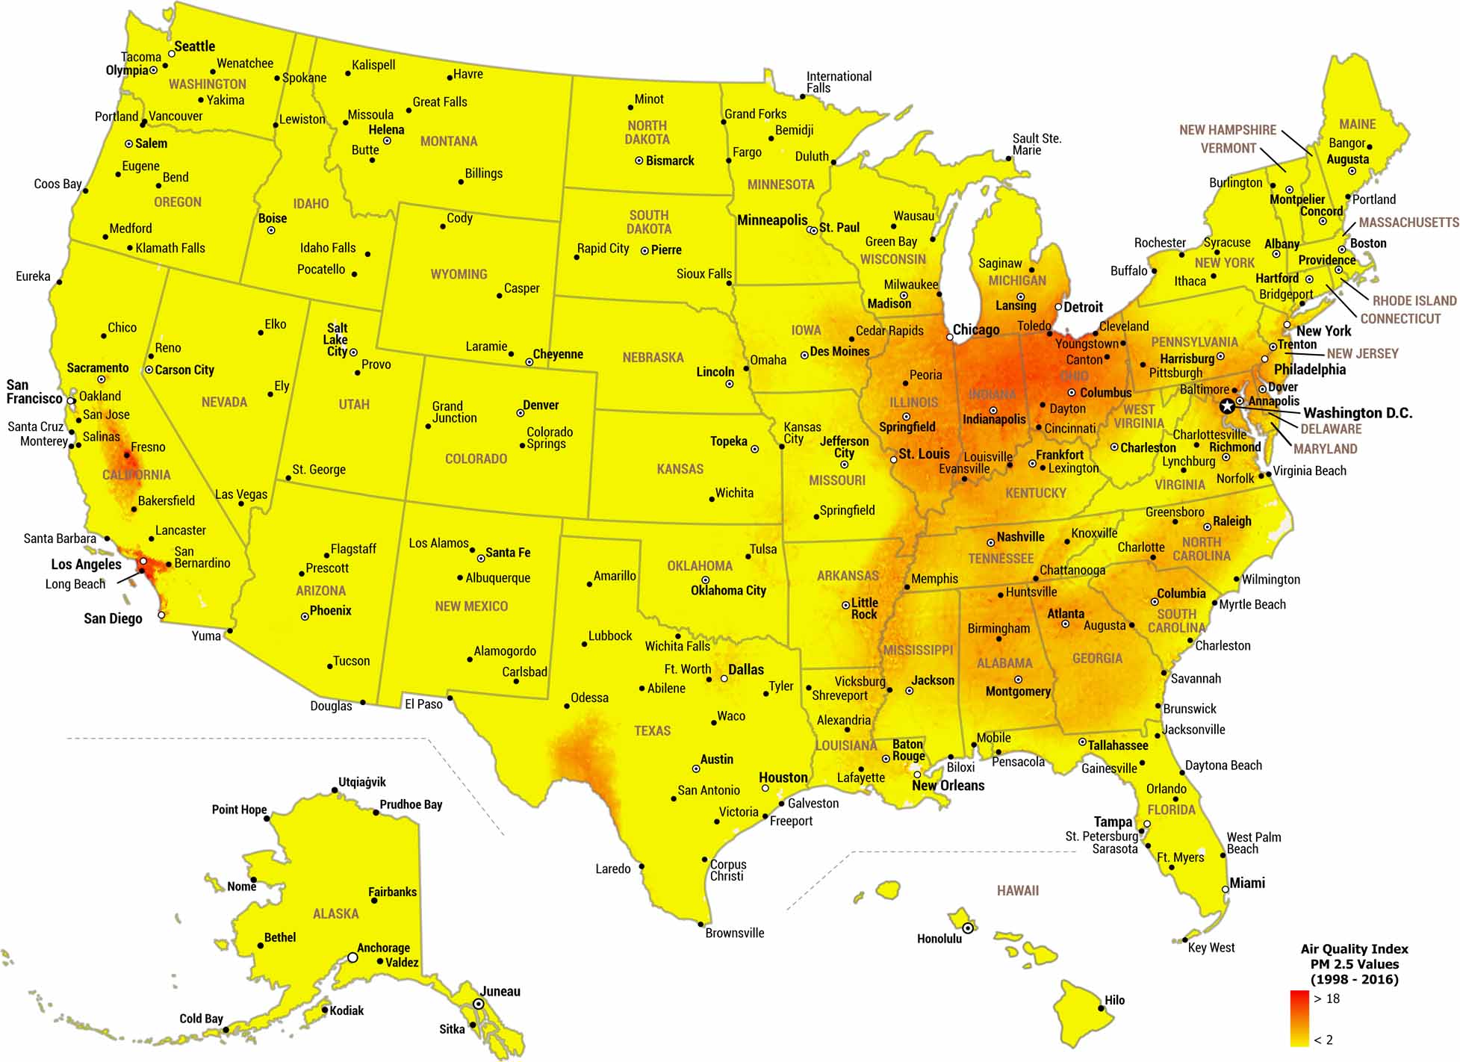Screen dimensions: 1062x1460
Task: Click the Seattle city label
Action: point(194,46)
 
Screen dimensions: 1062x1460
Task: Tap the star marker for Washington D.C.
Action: point(1227,406)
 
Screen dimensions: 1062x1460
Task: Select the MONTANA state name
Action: point(448,141)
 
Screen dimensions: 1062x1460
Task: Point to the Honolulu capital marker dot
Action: point(968,928)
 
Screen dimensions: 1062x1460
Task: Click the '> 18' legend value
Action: point(1326,999)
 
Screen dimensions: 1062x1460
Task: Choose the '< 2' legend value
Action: point(1323,1040)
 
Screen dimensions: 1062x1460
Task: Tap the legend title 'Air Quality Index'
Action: point(1354,949)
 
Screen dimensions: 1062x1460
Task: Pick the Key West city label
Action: point(1211,948)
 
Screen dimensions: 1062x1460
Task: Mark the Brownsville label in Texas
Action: point(734,933)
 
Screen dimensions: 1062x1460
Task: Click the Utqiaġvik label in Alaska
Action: point(362,782)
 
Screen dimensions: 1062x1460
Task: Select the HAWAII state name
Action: point(1017,890)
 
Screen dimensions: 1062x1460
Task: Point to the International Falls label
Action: point(838,82)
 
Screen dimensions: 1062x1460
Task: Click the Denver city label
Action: point(541,405)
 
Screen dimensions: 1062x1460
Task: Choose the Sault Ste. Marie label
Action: point(1037,144)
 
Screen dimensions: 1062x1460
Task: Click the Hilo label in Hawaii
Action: point(1114,1000)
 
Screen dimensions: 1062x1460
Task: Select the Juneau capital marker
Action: point(479,1004)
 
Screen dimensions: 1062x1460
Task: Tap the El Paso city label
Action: point(423,704)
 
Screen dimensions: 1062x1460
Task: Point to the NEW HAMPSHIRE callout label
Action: point(1227,130)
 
